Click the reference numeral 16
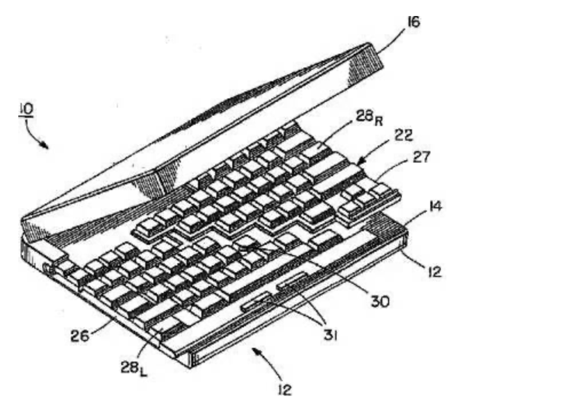coord(413,22)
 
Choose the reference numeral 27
coord(421,157)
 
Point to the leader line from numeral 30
coord(309,269)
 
